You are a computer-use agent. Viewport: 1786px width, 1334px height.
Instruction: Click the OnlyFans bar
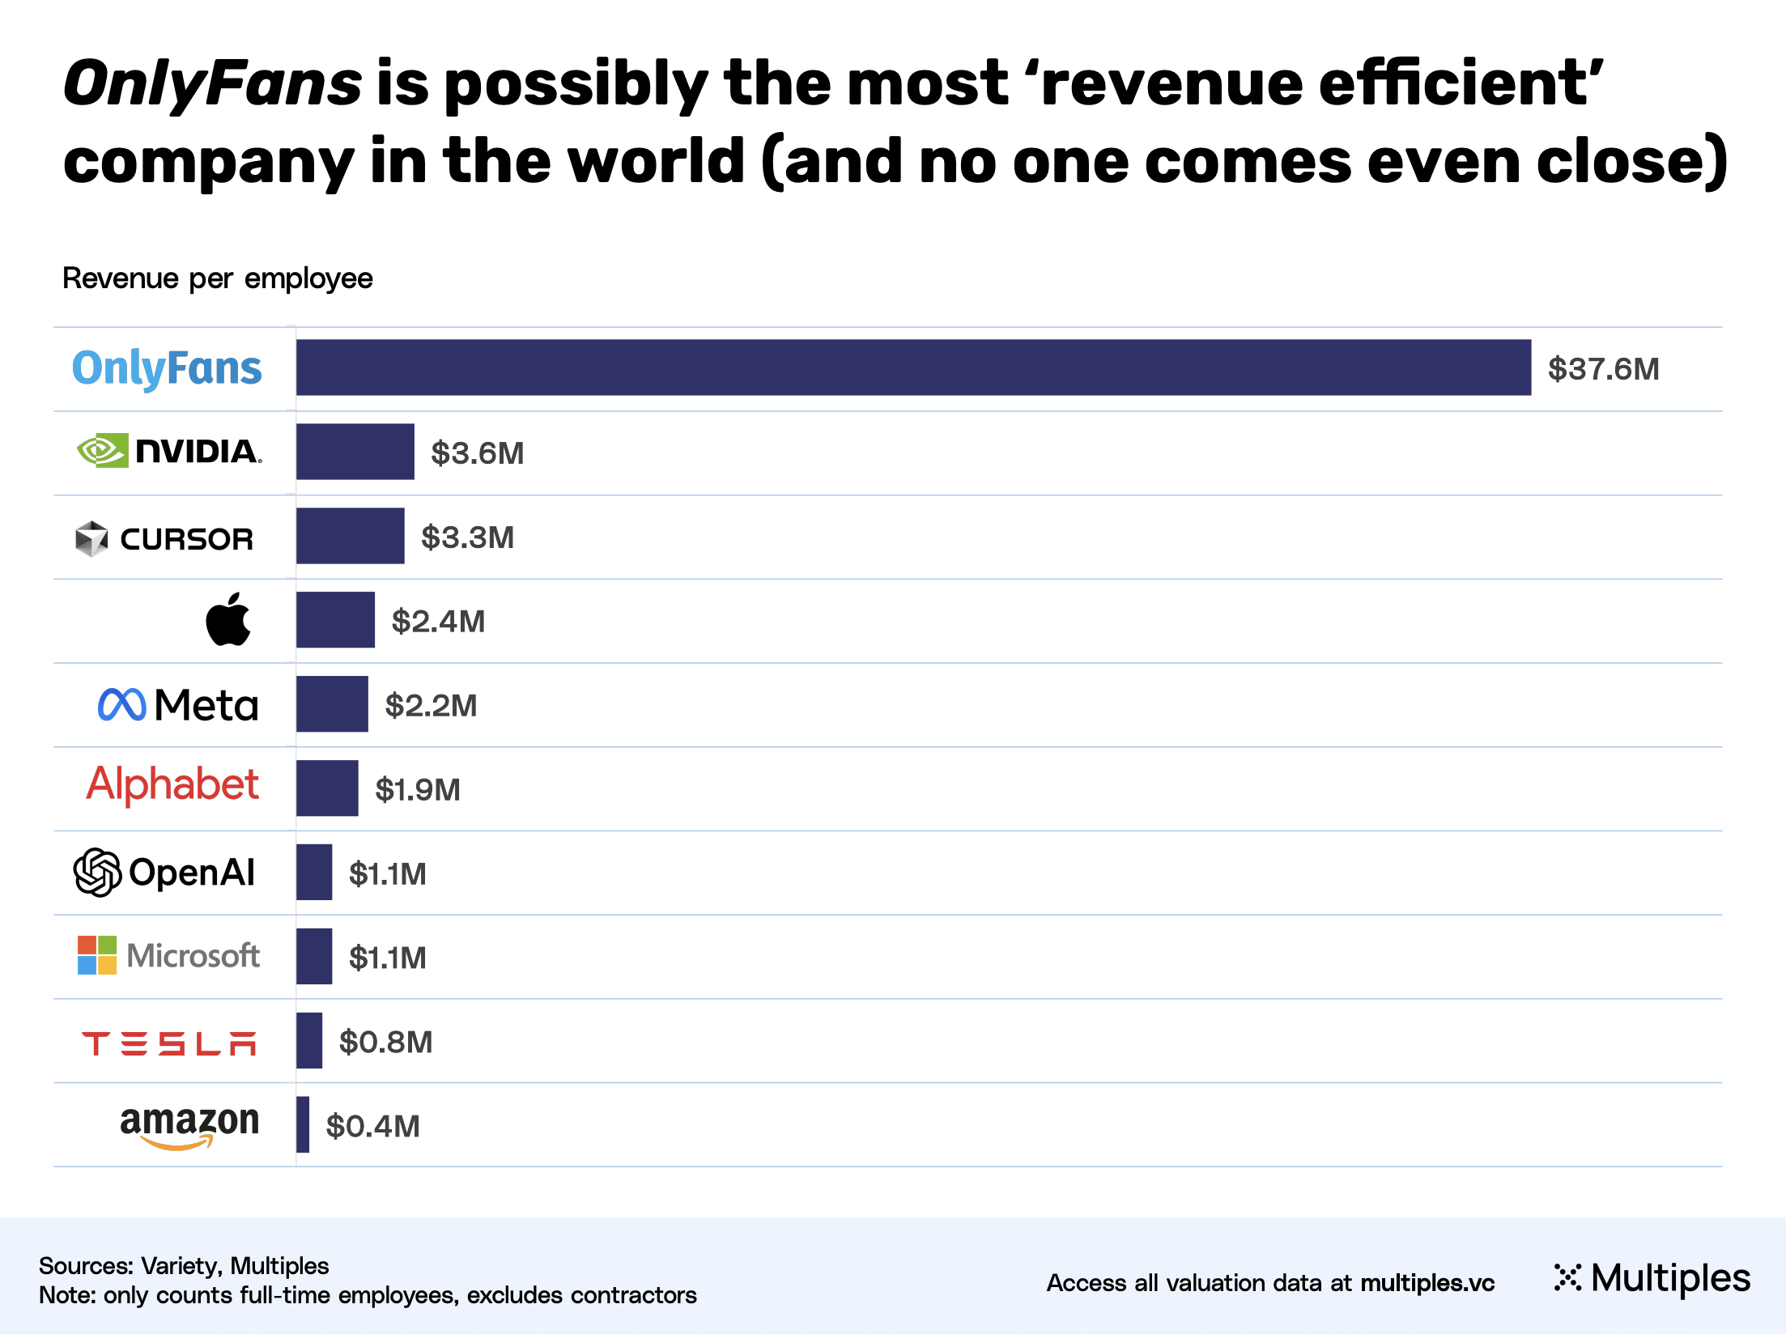pos(913,367)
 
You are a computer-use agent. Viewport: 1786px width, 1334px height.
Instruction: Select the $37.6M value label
pos(1603,369)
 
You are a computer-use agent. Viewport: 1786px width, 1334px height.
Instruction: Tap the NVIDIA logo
pos(169,451)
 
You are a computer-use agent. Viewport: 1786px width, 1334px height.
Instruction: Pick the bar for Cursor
pos(350,536)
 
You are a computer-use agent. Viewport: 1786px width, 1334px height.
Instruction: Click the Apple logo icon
pos(228,620)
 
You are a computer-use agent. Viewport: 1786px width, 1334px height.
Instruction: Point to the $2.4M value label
pos(438,622)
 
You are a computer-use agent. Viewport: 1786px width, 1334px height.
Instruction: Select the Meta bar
pos(332,704)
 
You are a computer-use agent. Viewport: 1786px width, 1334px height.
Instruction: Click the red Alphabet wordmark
pos(172,784)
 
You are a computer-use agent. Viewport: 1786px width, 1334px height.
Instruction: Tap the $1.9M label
pos(418,790)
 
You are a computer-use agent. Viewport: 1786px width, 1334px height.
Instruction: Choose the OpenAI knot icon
pos(98,872)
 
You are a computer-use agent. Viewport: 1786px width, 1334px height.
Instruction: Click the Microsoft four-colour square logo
pos(97,955)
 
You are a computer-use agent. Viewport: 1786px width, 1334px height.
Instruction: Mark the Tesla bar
pos(309,1040)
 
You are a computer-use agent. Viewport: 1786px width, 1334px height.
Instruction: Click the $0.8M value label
pos(385,1043)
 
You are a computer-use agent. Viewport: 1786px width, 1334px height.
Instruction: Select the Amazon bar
pos(303,1124)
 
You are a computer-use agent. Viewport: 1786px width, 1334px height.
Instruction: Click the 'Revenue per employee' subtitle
pos(217,278)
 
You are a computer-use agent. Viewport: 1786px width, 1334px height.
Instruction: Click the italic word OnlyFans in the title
pos(212,84)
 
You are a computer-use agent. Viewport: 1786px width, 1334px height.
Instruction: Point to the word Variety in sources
pos(180,1266)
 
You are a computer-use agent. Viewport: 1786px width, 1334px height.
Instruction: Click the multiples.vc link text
pos(1427,1283)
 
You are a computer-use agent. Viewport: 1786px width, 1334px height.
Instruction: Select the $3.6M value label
pos(477,453)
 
